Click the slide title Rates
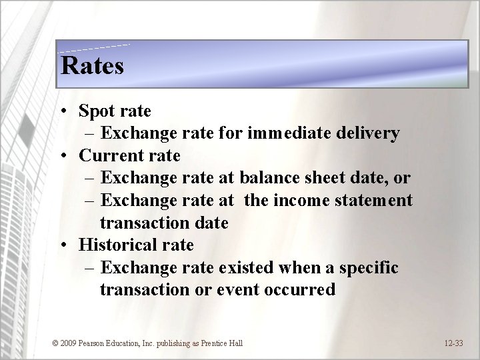click(x=92, y=65)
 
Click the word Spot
click(x=97, y=111)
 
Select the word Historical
click(x=117, y=245)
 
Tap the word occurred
click(x=301, y=291)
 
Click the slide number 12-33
click(x=453, y=343)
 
